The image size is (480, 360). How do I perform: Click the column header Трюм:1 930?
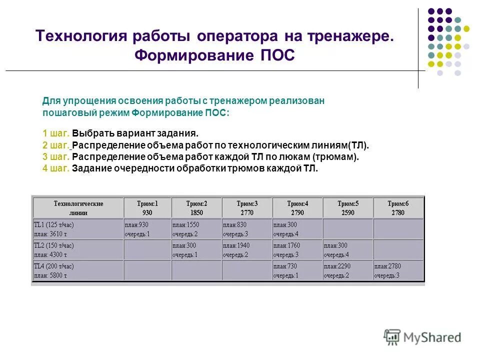[147, 208]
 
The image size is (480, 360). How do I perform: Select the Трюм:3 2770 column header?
[247, 208]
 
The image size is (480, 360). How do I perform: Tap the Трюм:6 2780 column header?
[398, 208]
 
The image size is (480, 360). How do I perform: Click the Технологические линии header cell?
[78, 208]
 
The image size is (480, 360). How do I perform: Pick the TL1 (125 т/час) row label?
[78, 229]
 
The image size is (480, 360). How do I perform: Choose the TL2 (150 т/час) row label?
[78, 249]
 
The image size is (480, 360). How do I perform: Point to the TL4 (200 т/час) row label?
[78, 270]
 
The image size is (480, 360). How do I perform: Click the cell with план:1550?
[196, 229]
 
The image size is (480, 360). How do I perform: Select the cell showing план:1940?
[247, 249]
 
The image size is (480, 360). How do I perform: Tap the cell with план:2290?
[347, 270]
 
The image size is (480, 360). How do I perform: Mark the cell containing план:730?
[297, 270]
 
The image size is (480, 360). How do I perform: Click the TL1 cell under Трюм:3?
[247, 229]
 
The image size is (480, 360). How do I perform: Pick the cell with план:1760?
[297, 249]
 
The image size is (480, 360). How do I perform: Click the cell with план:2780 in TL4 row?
[398, 270]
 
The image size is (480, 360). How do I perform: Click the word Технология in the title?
[81, 36]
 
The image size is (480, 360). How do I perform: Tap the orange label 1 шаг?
[56, 134]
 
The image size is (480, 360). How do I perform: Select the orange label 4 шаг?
[56, 168]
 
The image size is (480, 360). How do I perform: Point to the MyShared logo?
[422, 336]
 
